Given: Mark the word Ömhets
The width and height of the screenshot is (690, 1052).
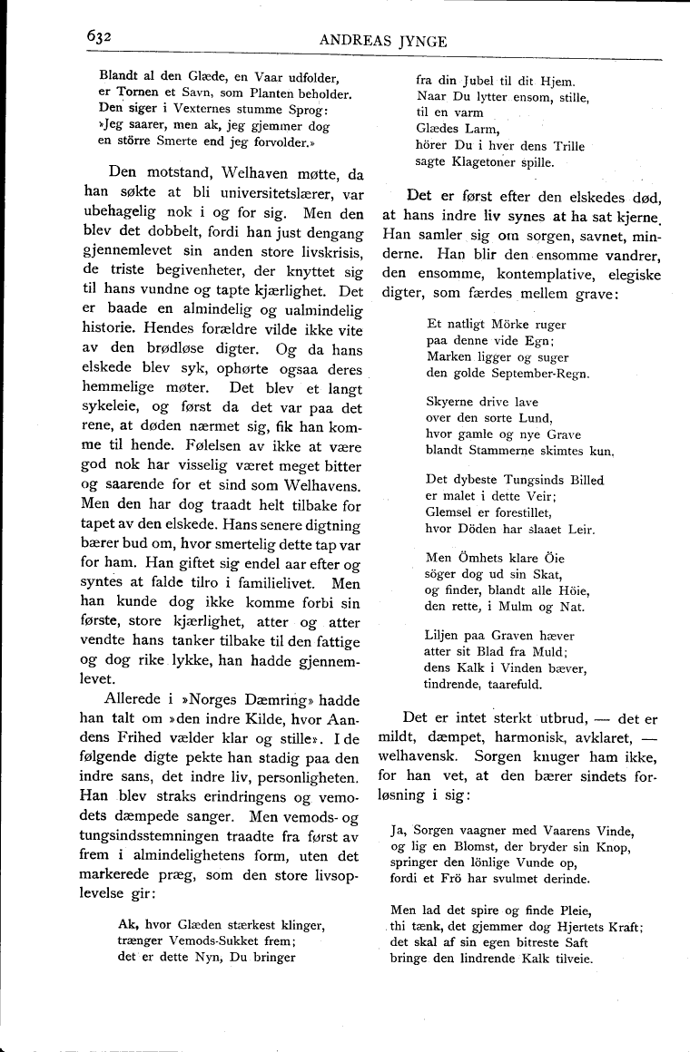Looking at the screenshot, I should point(488,558).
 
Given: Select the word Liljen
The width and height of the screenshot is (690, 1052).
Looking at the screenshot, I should point(445,636).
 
